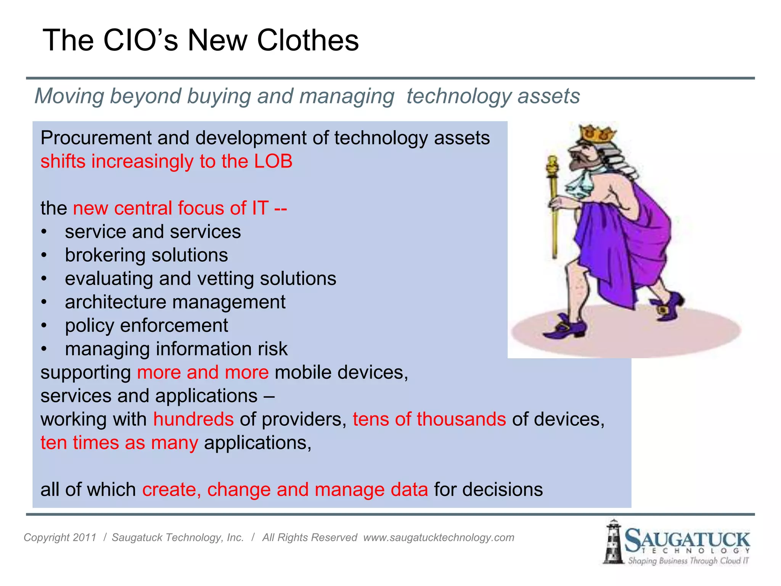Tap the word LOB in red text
tap(273, 161)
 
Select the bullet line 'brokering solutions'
tap(146, 255)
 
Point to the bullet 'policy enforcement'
tap(146, 325)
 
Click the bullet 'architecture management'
tap(175, 302)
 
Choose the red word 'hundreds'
tap(193, 419)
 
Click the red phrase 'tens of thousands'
tap(429, 419)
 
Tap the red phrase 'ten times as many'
tap(119, 443)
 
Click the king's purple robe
tap(625, 244)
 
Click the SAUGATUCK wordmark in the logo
tap(687, 540)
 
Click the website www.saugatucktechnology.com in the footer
tap(439, 538)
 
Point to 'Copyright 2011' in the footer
tap(60, 538)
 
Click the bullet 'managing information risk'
tap(176, 349)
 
